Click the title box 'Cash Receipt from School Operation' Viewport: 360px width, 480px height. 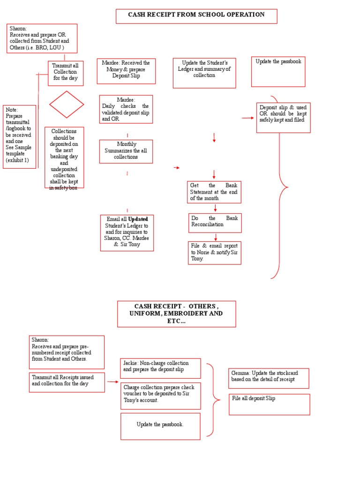[x=196, y=16]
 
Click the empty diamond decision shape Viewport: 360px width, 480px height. [x=67, y=105]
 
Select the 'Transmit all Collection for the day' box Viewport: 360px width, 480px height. [x=66, y=73]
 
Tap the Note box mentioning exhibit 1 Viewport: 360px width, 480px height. [x=19, y=136]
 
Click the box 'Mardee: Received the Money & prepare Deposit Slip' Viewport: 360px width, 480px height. [x=126, y=71]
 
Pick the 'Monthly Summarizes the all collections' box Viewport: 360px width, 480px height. [x=126, y=151]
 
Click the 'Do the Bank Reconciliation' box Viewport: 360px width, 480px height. [x=215, y=223]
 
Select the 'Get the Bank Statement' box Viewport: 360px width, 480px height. [x=214, y=192]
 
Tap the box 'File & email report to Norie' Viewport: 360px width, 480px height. [x=215, y=253]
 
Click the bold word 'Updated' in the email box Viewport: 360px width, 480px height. [x=138, y=219]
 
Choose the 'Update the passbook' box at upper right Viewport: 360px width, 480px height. [x=278, y=72]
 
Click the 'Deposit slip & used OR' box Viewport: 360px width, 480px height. [x=283, y=118]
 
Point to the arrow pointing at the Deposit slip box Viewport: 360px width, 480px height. [x=247, y=118]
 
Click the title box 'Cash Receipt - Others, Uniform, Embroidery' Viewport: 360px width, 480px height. [x=176, y=314]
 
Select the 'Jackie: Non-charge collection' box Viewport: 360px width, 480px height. [x=160, y=368]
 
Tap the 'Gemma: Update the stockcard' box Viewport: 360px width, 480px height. [x=269, y=378]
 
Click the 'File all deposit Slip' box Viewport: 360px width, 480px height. [x=270, y=405]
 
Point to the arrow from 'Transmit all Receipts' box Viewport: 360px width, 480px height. [x=112, y=382]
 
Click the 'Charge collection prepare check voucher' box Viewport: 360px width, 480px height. [x=160, y=396]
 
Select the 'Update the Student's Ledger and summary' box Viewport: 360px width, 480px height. [x=204, y=73]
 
